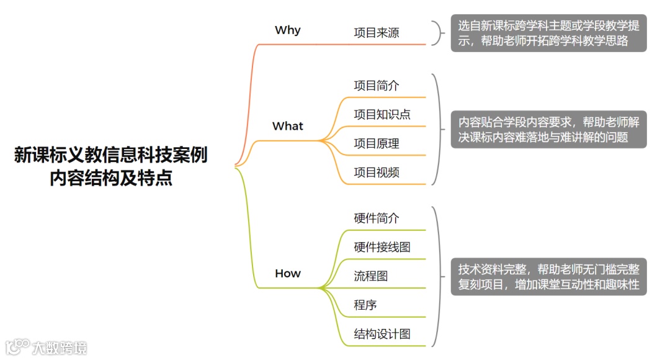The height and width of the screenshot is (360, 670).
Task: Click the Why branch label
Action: click(287, 30)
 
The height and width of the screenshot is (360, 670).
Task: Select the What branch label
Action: click(288, 126)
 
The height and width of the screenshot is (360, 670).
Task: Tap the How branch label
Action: click(287, 274)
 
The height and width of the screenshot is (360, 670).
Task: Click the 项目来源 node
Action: click(377, 33)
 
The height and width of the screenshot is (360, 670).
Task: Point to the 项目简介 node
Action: click(377, 86)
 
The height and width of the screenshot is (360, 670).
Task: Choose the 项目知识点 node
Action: click(382, 114)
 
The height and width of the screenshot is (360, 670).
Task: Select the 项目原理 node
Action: click(377, 143)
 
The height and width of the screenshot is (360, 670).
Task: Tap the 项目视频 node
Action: click(377, 173)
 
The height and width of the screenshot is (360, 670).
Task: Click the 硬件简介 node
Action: click(377, 218)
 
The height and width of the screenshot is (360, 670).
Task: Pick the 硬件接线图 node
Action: click(382, 247)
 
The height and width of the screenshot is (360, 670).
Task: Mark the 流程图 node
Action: click(371, 276)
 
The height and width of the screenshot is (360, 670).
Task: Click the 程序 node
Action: click(365, 305)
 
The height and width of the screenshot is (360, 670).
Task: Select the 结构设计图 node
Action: click(382, 334)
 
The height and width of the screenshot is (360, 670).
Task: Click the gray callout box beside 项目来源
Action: click(548, 34)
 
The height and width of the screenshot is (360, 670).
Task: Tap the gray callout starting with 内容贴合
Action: click(548, 130)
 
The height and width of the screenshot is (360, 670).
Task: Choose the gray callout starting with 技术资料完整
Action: click(548, 277)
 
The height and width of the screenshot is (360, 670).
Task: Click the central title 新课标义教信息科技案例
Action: click(111, 156)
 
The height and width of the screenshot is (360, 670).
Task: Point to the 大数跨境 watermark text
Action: click(60, 347)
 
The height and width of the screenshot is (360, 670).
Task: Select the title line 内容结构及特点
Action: click(111, 179)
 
